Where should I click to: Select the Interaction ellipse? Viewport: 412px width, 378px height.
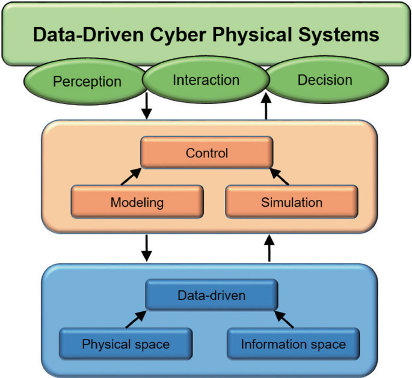tap(206, 80)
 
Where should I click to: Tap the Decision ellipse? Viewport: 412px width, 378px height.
tap(325, 80)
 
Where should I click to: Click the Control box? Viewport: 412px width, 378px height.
tap(207, 153)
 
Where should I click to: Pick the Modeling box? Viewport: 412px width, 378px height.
tap(137, 203)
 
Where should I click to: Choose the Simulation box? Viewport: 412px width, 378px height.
tap(292, 203)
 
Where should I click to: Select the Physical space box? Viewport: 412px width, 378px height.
tap(126, 344)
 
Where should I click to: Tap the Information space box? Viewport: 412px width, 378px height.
tap(294, 344)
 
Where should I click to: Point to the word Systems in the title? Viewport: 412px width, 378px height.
tap(340, 35)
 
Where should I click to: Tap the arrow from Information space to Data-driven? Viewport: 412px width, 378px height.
tap(284, 320)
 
